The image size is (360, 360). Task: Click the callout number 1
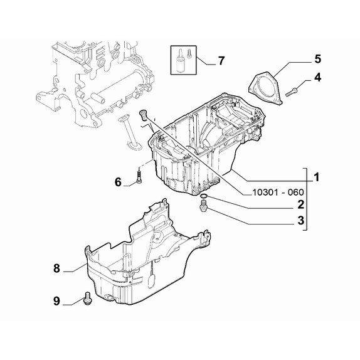pyautogui.click(x=317, y=177)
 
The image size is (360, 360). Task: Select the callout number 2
pyautogui.click(x=300, y=204)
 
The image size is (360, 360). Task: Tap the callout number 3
pyautogui.click(x=301, y=220)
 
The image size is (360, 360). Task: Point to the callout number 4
pyautogui.click(x=317, y=78)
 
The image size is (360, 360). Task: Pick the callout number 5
pyautogui.click(x=317, y=59)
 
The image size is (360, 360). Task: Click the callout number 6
pyautogui.click(x=118, y=183)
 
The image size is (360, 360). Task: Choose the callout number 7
pyautogui.click(x=221, y=61)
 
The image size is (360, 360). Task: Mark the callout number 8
pyautogui.click(x=56, y=268)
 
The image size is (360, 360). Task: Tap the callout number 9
pyautogui.click(x=56, y=301)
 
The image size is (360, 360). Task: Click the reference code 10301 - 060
pyautogui.click(x=278, y=193)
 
